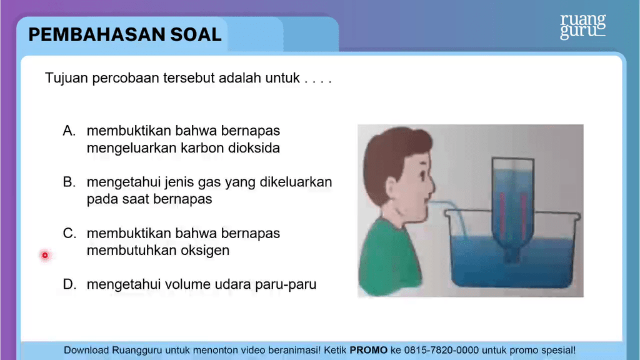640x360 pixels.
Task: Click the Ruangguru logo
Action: [x=583, y=26]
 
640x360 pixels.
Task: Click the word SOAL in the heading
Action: [x=196, y=35]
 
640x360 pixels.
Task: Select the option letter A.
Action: [x=69, y=131]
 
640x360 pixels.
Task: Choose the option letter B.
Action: [x=69, y=182]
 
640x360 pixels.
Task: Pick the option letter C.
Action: [x=69, y=233]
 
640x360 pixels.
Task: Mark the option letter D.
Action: [x=69, y=284]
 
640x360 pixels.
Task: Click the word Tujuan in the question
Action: [x=66, y=78]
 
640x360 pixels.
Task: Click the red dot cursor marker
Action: [x=45, y=255]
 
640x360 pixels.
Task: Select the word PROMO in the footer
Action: [x=369, y=350]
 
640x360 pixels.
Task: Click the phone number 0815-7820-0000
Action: [x=441, y=350]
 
